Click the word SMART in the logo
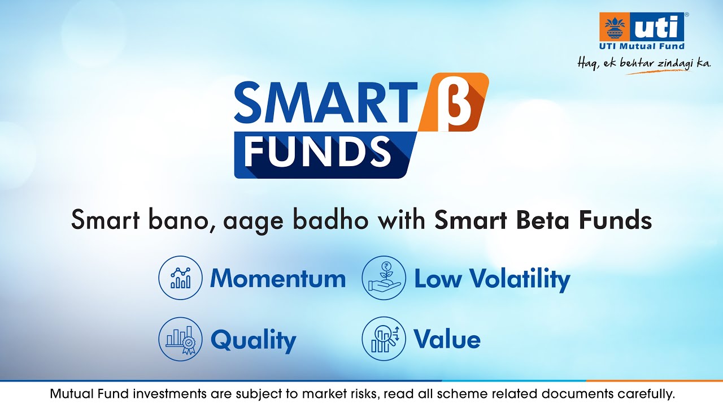[321, 102]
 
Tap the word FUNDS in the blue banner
[317, 151]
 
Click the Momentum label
[277, 279]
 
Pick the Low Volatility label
[492, 279]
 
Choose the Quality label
[253, 340]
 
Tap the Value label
[447, 340]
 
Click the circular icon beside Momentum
[180, 278]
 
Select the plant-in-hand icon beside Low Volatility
[384, 278]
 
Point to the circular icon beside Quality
[180, 339]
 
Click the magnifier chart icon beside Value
[384, 339]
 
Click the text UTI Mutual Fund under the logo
[642, 46]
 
